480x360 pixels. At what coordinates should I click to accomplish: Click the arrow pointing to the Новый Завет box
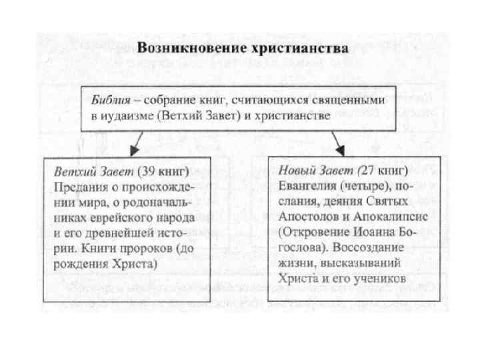pyautogui.click(x=338, y=142)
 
